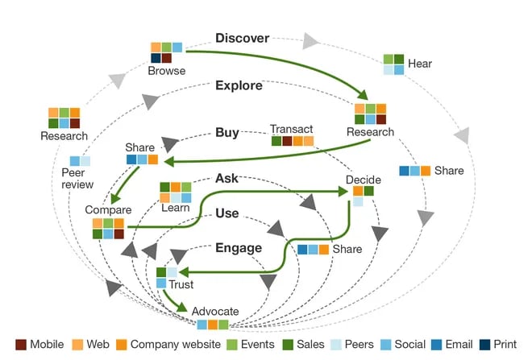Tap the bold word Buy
tap(227, 132)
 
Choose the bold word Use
tap(227, 213)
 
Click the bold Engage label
tap(239, 248)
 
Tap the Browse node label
tap(166, 71)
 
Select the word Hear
tap(420, 62)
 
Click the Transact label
tap(292, 129)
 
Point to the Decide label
tap(363, 179)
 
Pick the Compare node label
tap(107, 210)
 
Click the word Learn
tap(175, 208)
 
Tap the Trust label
tap(181, 284)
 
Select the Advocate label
tap(215, 311)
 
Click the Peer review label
tap(79, 179)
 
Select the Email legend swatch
tap(433, 345)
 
